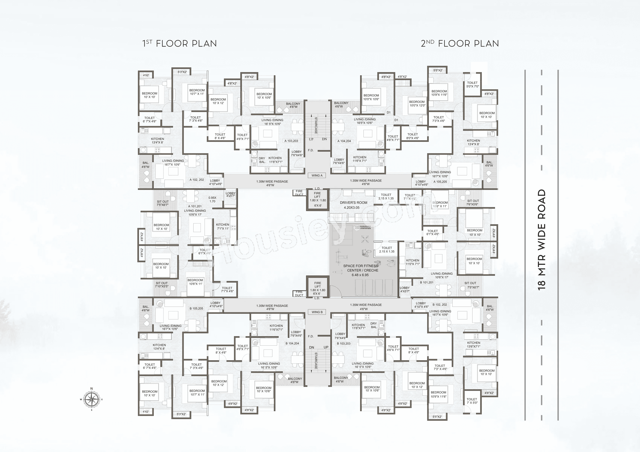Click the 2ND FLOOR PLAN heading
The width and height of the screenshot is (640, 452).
(x=460, y=44)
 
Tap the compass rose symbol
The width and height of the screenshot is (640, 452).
(x=91, y=399)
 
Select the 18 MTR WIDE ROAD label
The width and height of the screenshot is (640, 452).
(x=541, y=240)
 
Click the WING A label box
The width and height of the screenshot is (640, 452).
(x=317, y=175)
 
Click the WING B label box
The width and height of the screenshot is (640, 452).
(x=317, y=312)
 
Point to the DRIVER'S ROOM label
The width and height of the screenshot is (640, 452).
(x=354, y=203)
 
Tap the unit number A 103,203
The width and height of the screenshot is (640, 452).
(x=291, y=141)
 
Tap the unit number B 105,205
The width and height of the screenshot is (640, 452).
(x=196, y=308)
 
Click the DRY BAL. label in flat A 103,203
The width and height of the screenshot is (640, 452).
(x=262, y=160)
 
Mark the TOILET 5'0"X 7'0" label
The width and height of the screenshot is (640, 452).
(x=472, y=85)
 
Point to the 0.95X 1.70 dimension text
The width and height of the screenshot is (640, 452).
(x=212, y=199)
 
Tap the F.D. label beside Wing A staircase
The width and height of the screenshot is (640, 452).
(x=311, y=150)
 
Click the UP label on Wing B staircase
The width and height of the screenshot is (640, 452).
(x=326, y=347)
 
